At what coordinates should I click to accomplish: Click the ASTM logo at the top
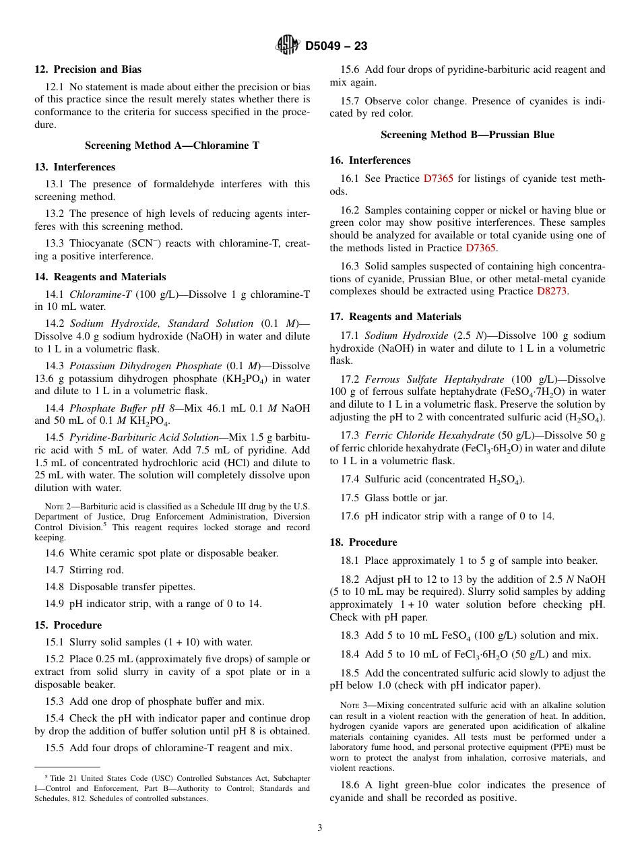(x=288, y=45)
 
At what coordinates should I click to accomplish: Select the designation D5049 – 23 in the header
(x=335, y=46)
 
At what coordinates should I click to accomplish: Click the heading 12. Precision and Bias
(x=88, y=69)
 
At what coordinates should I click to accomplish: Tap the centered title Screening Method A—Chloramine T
(x=172, y=146)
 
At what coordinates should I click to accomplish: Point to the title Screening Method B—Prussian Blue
(x=467, y=135)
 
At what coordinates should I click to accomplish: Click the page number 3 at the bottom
(x=320, y=827)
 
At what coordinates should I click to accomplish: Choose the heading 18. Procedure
(x=363, y=542)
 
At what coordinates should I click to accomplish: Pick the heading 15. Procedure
(x=68, y=625)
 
